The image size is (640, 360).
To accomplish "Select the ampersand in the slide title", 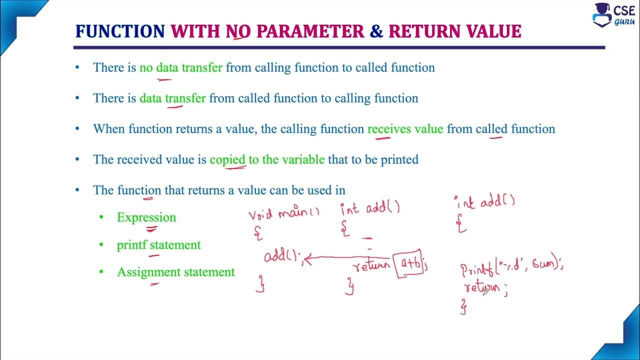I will (376, 31).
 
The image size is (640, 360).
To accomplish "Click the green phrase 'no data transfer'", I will (181, 67).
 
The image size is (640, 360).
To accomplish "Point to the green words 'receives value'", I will (405, 129).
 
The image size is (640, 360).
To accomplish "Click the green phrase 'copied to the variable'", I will (267, 160).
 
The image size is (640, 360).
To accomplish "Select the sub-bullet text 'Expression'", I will (146, 217).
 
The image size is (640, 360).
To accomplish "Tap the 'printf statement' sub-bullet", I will (158, 245).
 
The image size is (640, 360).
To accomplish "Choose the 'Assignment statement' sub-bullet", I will (175, 272).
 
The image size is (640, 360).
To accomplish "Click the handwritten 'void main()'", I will (284, 214).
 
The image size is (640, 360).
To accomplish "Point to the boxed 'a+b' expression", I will (410, 264).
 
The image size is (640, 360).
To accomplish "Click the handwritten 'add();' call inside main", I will (282, 257).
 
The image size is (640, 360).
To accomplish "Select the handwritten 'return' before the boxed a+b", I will (371, 265).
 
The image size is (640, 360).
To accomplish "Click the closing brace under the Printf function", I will (464, 306).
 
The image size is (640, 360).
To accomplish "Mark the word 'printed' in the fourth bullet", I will (399, 160).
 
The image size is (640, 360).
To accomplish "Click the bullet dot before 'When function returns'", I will (77, 129).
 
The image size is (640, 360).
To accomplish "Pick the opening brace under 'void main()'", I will (258, 232).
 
